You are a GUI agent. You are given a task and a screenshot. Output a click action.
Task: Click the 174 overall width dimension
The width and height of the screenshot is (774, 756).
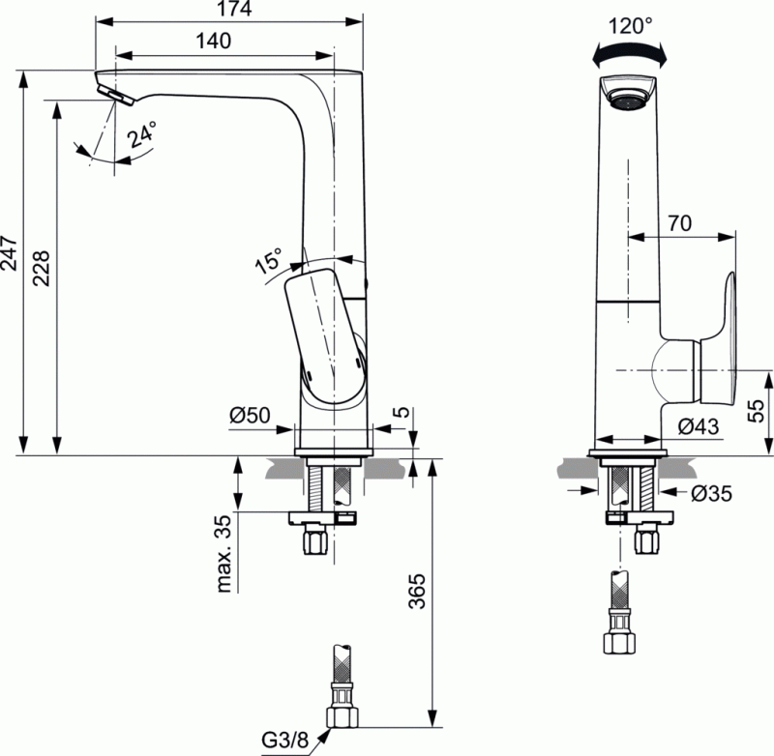(x=231, y=10)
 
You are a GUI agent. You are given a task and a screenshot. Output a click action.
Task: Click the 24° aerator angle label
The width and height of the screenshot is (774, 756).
(x=142, y=134)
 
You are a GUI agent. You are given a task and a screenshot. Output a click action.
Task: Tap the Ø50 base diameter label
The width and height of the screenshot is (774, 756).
(x=250, y=417)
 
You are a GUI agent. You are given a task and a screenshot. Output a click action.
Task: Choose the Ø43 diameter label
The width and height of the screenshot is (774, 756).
(x=698, y=424)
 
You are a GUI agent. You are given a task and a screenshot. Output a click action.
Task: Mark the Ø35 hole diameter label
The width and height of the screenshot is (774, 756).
(x=712, y=493)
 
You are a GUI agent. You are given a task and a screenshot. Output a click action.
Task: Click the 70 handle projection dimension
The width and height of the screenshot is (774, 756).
(x=679, y=221)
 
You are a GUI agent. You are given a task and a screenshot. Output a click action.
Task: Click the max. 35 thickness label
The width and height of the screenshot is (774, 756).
(x=224, y=554)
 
